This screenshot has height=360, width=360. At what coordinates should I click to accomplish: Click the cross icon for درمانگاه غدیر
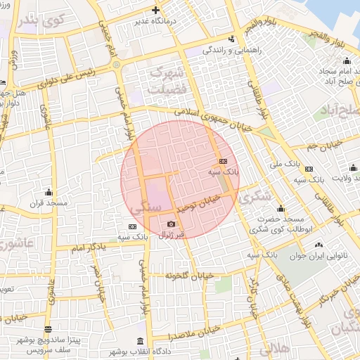[155, 10]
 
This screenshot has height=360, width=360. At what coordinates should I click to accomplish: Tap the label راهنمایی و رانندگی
[226, 50]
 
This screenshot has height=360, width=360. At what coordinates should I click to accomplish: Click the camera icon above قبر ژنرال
[171, 224]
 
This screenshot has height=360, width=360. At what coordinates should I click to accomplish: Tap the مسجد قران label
[48, 202]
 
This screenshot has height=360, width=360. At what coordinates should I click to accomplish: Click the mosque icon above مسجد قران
[49, 192]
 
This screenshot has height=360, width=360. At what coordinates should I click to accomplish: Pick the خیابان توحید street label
[198, 203]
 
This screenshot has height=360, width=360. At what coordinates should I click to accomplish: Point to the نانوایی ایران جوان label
[319, 256]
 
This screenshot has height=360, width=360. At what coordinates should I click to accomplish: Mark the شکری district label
[255, 198]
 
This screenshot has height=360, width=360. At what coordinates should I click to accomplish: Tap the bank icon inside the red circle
[224, 161]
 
